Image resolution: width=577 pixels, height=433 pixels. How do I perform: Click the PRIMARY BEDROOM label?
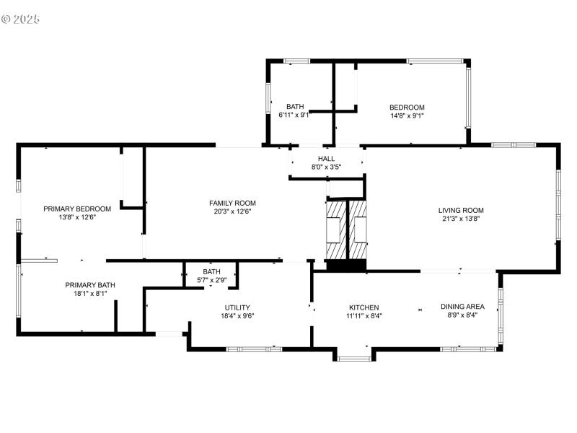click(77, 209)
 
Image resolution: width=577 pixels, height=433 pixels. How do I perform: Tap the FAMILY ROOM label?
click(232, 203)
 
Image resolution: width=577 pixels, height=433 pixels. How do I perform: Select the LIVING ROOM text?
click(461, 210)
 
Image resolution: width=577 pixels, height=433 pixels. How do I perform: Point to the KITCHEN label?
click(364, 307)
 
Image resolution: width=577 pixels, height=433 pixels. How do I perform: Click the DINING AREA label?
click(462, 306)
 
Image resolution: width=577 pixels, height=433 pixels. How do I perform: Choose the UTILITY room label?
click(237, 307)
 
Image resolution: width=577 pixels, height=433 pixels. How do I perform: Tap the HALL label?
click(326, 158)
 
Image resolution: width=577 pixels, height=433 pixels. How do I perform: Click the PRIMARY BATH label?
click(90, 285)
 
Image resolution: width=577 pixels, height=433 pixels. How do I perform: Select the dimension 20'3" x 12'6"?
click(232, 211)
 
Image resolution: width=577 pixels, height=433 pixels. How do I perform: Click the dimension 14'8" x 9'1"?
click(407, 115)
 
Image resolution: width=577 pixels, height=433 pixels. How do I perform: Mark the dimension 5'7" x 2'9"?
click(211, 280)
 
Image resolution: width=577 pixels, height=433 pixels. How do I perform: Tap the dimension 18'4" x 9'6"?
click(237, 315)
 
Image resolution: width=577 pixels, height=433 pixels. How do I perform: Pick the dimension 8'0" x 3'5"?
click(326, 167)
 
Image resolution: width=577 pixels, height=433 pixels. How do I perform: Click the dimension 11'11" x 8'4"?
click(364, 315)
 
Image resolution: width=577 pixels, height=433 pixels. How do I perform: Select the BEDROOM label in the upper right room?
click(407, 107)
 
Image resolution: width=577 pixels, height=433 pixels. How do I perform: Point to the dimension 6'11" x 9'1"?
click(294, 115)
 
